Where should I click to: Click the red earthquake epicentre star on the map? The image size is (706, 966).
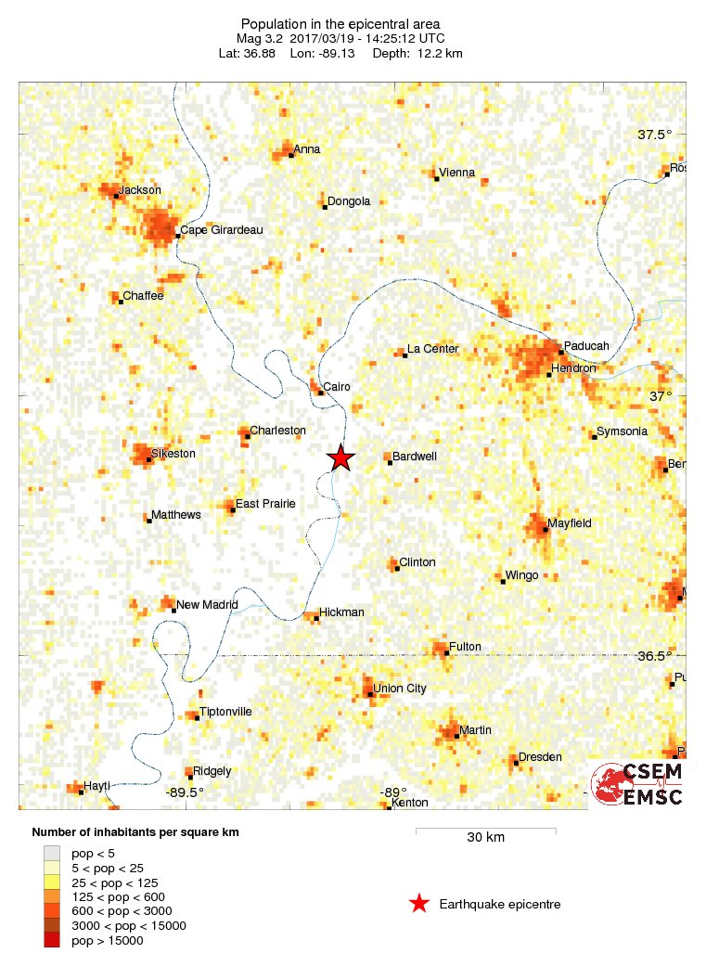[341, 457]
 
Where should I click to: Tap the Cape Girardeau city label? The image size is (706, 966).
[221, 230]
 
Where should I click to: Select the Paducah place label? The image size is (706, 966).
[586, 346]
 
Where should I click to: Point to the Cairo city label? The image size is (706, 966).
[337, 387]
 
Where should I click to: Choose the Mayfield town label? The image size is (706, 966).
[569, 523]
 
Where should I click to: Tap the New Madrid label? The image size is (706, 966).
[207, 604]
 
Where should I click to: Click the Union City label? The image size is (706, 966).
[399, 689]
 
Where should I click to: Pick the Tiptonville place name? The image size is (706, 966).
[225, 712]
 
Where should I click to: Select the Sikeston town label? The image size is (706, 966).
[173, 454]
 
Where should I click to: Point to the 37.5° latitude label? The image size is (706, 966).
[655, 135]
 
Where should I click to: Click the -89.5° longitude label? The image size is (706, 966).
[185, 792]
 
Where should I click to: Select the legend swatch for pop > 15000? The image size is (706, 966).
[52, 941]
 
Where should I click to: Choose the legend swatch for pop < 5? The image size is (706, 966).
[52, 852]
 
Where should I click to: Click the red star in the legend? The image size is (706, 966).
[419, 904]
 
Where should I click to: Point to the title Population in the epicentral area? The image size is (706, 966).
[340, 23]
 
